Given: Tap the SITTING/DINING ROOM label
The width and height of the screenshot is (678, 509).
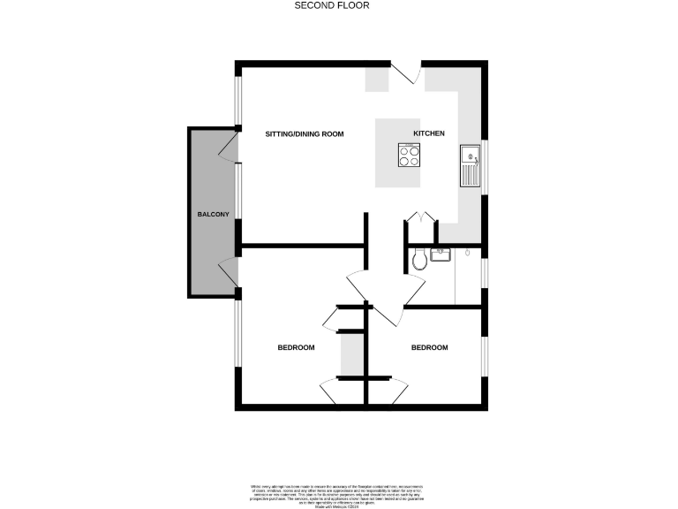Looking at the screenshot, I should coord(305,133).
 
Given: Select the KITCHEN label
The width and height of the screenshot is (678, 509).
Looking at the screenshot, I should coord(429,133).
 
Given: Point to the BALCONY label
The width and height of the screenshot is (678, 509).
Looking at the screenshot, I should coord(214,215).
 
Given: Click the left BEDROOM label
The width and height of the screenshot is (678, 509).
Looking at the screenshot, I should coord(296,347).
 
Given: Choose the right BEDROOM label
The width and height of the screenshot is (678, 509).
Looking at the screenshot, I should coord(429,347).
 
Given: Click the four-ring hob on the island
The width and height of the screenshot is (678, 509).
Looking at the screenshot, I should coord(409,156).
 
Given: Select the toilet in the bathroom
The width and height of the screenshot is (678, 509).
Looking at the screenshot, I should coord(420,259).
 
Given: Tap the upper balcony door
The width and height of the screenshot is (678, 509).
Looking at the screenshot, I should coord(229,147).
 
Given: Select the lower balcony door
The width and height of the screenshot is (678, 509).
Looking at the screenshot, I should coord(229,270).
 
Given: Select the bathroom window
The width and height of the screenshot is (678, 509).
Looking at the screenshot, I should coord(483,274).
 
